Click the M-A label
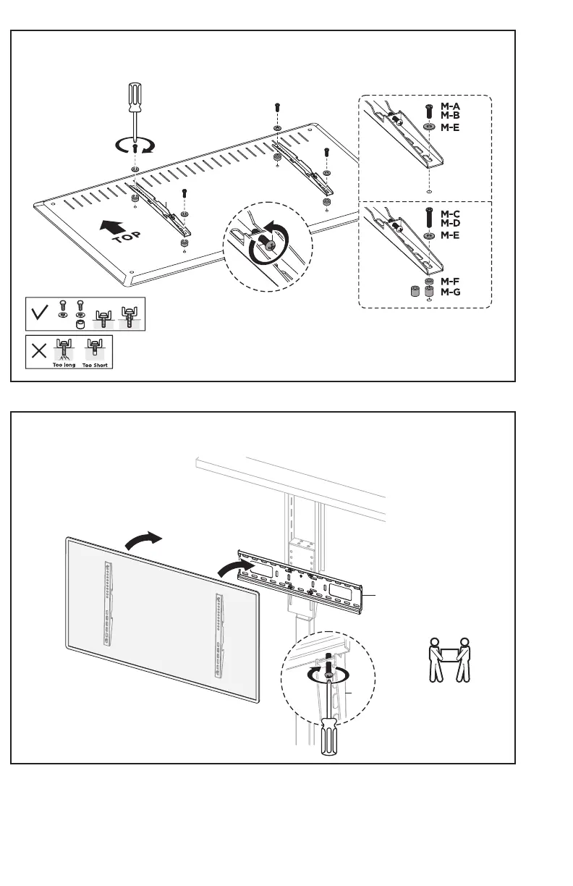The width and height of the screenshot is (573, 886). (451, 106)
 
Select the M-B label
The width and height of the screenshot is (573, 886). (451, 115)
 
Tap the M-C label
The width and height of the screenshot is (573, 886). (451, 214)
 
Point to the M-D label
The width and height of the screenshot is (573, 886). (451, 224)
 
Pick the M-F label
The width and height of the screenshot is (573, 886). (451, 281)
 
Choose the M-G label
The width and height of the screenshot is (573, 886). (451, 292)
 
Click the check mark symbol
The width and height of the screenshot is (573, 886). (40, 313)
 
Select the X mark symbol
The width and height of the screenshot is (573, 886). (40, 352)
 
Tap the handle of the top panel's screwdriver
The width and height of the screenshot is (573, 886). (135, 98)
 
